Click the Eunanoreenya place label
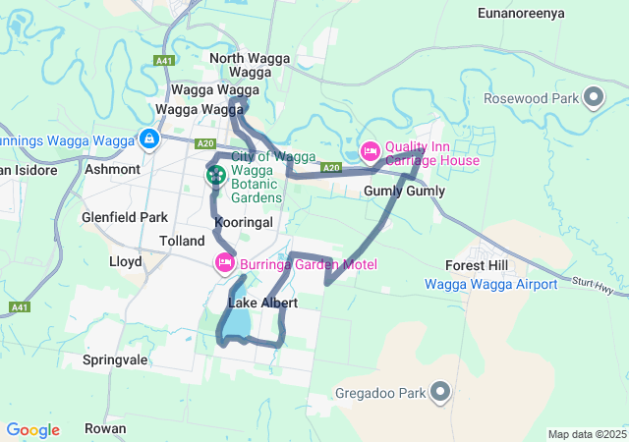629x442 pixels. point(524,13)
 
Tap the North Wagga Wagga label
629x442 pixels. point(250,66)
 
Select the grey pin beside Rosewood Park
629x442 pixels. point(593,97)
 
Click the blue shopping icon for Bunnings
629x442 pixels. point(148,140)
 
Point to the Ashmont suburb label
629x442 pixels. point(113,169)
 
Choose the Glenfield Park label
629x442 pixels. point(126,217)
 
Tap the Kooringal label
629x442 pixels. point(243,224)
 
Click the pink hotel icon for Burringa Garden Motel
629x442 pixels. point(224,263)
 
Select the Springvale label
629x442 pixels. point(115,359)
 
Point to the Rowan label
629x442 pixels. point(105,428)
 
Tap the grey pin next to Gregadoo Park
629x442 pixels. point(440,393)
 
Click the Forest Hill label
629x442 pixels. point(477,266)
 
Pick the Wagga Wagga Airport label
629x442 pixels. point(490,285)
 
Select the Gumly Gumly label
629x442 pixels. point(404,192)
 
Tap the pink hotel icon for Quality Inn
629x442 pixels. point(370,152)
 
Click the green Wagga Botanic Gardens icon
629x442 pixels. point(215,177)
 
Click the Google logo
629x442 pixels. point(32,430)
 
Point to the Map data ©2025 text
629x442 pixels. point(586,434)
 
